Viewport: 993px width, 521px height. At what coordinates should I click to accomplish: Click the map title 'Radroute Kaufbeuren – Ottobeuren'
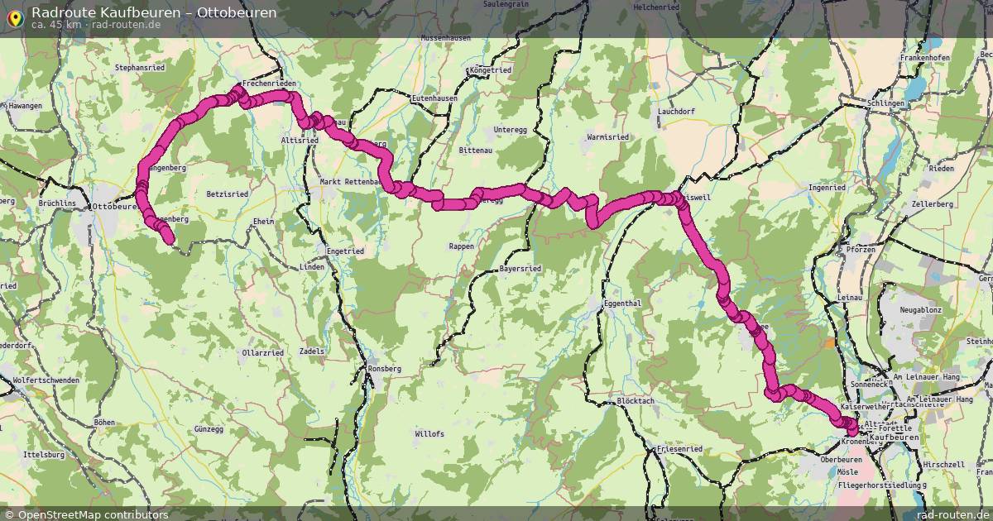pos(154,12)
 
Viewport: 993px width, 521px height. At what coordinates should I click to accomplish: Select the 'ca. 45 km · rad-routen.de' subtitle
pos(96,25)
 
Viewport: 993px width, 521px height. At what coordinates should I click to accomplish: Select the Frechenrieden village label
pos(269,84)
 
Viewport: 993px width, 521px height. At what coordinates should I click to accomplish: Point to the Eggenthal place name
pos(623,304)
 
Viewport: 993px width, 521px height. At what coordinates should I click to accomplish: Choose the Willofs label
pos(430,433)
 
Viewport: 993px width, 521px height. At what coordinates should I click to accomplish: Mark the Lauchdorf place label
pos(676,111)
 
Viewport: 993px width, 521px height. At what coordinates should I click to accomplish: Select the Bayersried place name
pos(521,269)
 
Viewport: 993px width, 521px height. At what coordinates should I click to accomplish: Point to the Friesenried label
pos(679,449)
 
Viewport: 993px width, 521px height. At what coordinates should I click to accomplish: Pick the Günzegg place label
pos(209,429)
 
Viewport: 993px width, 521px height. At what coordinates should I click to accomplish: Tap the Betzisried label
pos(228,194)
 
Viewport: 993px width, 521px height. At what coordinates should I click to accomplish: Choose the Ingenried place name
pos(827,188)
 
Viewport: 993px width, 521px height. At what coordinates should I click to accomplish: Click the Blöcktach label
pos(636,401)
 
